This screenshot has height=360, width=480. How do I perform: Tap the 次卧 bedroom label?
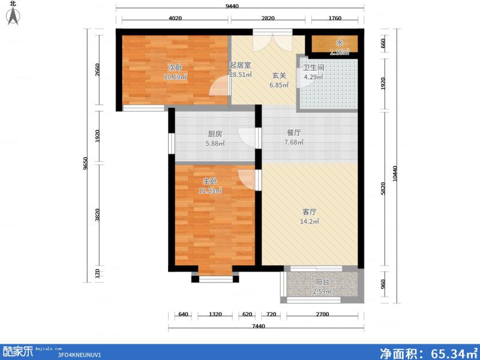[175, 67]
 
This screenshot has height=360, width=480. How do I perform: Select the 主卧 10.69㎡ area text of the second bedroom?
[176, 77]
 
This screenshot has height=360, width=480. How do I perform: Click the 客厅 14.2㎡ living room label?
[309, 217]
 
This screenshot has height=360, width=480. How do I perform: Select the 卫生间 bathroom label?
[313, 68]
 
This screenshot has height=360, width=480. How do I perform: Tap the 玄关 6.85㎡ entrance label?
[280, 81]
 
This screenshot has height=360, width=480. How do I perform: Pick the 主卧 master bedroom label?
[210, 181]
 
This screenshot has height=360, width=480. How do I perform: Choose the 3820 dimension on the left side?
[98, 214]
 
